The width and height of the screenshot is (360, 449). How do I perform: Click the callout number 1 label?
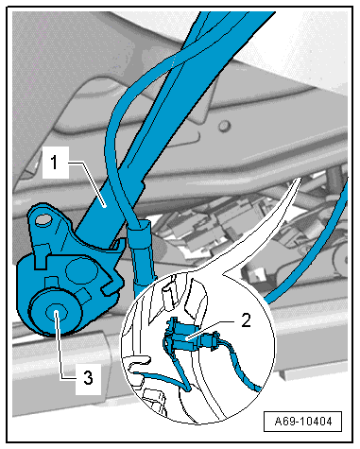click(x=56, y=163)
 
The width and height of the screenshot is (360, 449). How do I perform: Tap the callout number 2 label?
click(x=246, y=320)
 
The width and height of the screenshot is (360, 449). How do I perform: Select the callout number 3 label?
click(x=88, y=378)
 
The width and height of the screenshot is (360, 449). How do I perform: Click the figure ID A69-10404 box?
click(x=302, y=422)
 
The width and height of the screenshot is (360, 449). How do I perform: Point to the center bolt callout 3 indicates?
click(x=56, y=312)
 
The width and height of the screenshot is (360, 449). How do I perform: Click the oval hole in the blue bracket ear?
click(x=43, y=219)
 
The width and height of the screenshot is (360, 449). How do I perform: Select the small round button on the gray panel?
click(x=224, y=126)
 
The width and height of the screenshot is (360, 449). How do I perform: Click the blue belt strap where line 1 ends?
click(x=104, y=205)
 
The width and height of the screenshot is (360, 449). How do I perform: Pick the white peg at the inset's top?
click(x=168, y=295)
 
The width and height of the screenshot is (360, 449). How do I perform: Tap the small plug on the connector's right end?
click(x=210, y=342)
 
